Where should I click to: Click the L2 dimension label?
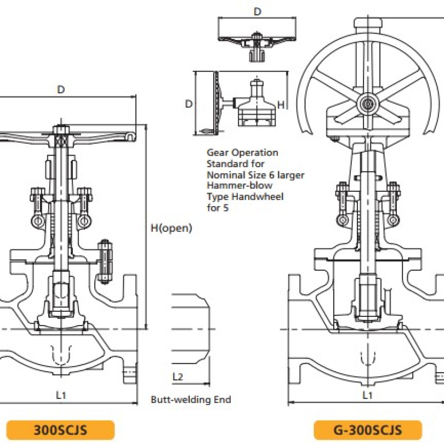pyautogui.click(x=178, y=377)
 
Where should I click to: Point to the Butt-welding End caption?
pyautogui.click(x=191, y=400)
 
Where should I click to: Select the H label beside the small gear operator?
pyautogui.click(x=280, y=104)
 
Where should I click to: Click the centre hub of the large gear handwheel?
pyautogui.click(x=366, y=103)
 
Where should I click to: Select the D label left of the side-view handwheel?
pyautogui.click(x=188, y=104)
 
